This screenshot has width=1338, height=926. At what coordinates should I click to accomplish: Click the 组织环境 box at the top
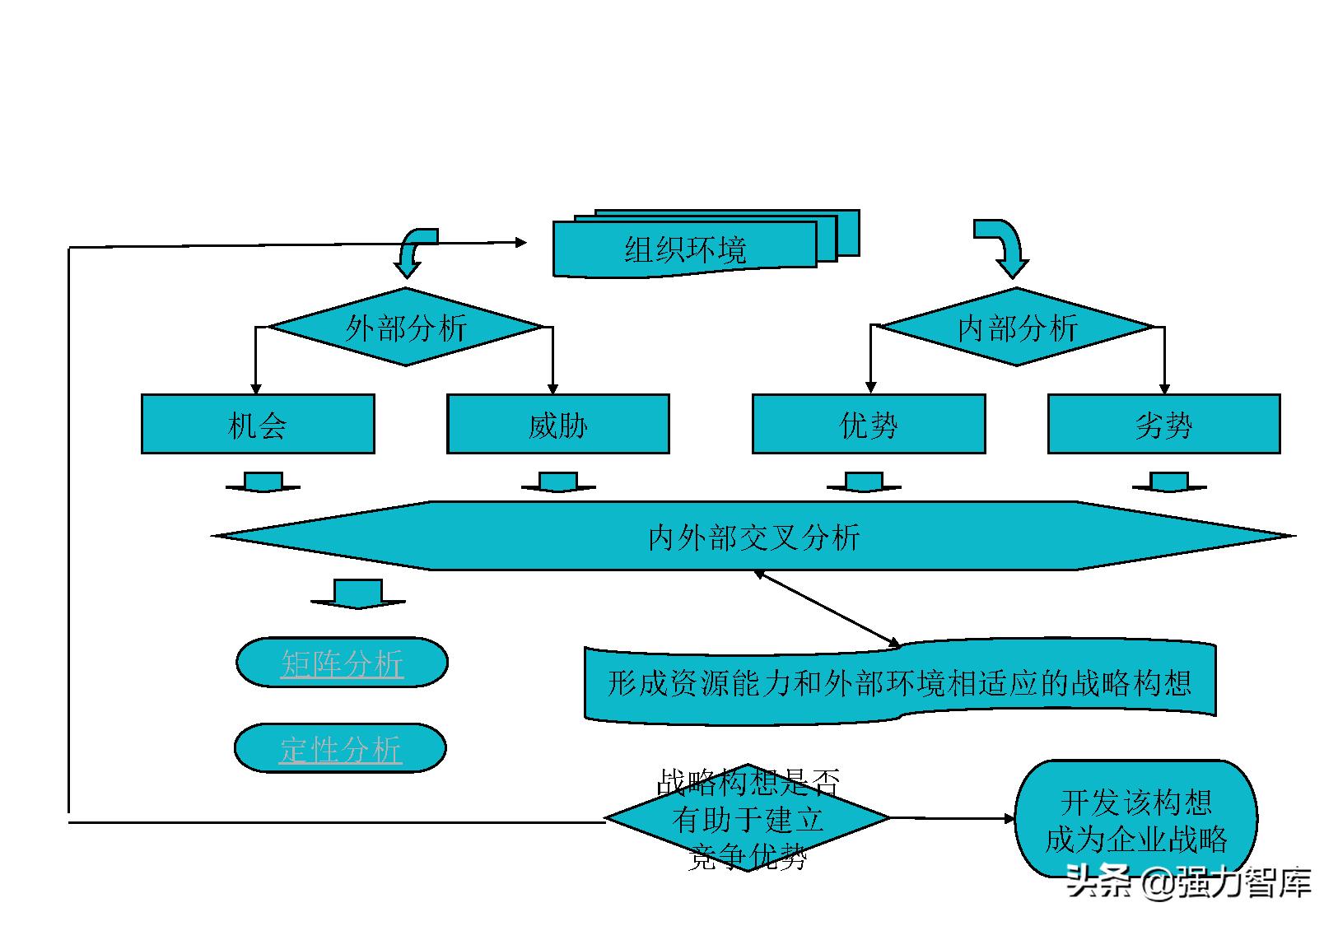(685, 249)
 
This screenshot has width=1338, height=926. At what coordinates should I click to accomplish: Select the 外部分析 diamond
(406, 328)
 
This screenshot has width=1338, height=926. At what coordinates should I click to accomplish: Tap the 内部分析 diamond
(1018, 328)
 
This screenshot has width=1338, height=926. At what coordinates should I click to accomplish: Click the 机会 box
(258, 425)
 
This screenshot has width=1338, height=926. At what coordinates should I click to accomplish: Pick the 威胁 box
(557, 425)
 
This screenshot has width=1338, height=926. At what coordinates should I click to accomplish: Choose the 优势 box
(869, 425)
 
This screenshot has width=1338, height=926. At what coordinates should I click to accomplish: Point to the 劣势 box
(1163, 425)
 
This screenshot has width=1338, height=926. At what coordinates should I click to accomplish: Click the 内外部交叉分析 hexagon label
(753, 537)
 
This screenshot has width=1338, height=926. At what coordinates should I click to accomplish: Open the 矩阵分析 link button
(342, 663)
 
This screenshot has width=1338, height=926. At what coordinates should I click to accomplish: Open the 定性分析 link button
(340, 749)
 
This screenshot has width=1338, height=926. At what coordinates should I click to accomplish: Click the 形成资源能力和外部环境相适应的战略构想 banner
(899, 682)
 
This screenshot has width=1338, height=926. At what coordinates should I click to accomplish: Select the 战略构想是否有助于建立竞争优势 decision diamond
(748, 818)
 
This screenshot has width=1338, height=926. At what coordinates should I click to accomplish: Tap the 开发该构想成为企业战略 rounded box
(1136, 820)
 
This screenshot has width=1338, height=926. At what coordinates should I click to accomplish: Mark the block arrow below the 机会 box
(263, 482)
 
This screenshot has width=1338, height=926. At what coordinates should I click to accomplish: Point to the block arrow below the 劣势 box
(1168, 482)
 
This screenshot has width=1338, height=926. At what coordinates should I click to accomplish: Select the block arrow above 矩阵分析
(358, 593)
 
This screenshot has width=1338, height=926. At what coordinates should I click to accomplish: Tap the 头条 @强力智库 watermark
(1188, 882)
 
